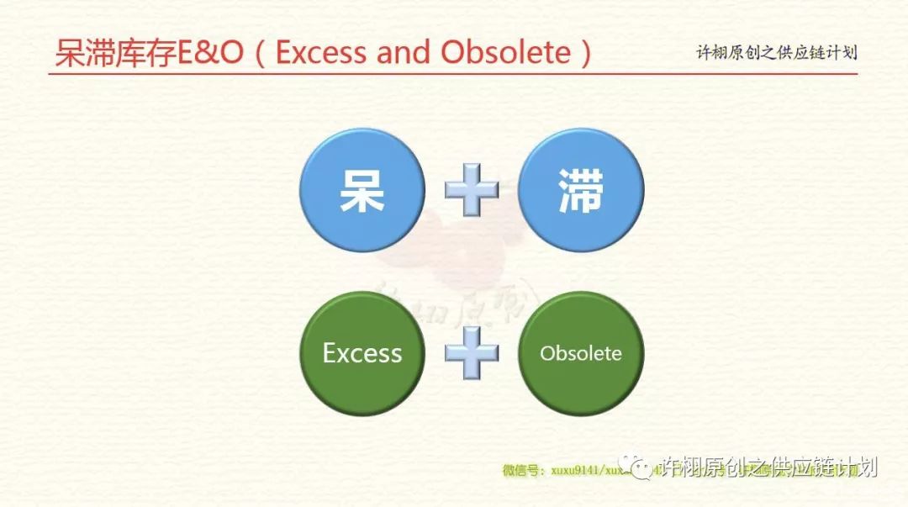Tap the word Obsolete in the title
505,53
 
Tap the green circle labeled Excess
362,353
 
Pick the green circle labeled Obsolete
581,353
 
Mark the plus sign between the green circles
472,353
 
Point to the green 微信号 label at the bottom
522,471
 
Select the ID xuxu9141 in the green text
573,471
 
